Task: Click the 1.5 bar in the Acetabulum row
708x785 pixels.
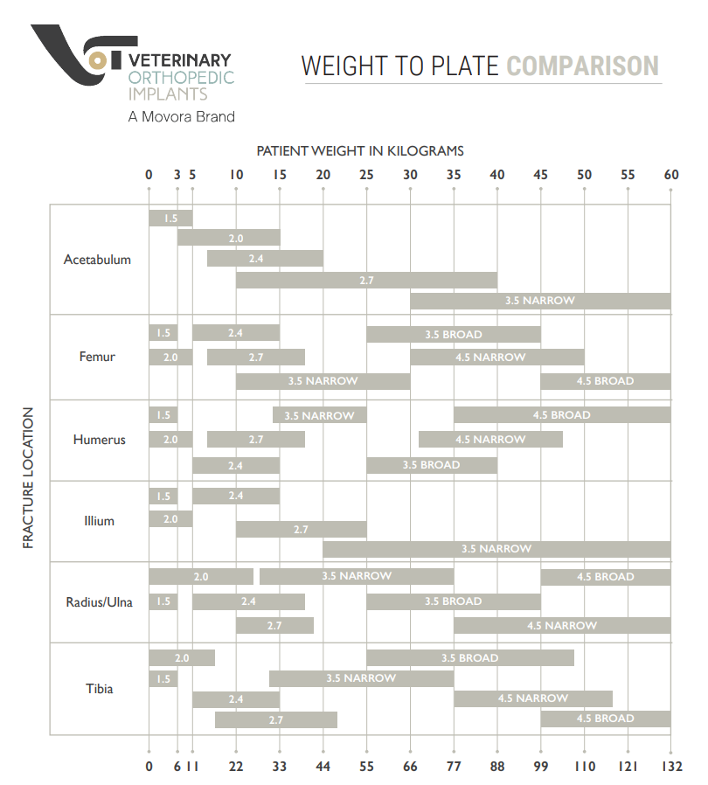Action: (170, 219)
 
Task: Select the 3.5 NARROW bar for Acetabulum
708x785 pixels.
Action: (540, 301)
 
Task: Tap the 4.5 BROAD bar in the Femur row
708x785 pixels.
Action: (605, 381)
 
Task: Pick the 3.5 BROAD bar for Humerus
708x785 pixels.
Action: (431, 465)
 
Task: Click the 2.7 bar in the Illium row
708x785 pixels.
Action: (301, 530)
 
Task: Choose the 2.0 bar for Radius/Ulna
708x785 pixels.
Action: (201, 577)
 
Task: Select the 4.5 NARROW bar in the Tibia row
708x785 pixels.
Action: (532, 698)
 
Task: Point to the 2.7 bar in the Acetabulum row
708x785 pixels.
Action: (366, 281)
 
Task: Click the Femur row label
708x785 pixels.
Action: (97, 357)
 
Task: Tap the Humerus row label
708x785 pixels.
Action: (99, 440)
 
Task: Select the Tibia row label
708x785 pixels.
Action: (99, 689)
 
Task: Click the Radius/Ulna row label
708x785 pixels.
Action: (99, 601)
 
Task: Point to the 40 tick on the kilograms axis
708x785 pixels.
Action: (497, 175)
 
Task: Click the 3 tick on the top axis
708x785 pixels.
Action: (177, 175)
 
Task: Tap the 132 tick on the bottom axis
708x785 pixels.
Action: (670, 767)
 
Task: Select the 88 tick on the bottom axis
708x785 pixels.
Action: (497, 767)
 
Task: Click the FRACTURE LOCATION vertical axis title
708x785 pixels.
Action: (28, 478)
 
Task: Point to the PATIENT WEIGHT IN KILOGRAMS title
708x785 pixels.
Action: (360, 151)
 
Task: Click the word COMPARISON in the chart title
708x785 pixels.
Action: (583, 66)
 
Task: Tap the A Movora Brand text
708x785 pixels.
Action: (181, 116)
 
